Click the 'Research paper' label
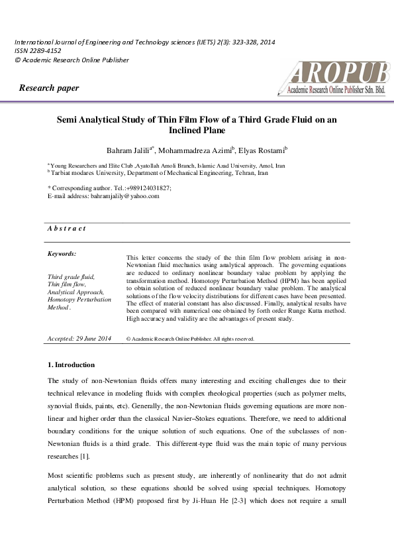(49, 88)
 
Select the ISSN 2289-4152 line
(35, 51)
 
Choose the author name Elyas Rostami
(264, 150)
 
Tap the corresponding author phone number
(145, 188)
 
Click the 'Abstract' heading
(66, 229)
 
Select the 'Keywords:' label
(62, 254)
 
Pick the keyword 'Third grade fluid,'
(71, 276)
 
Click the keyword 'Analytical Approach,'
(76, 292)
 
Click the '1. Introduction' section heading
(71, 365)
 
